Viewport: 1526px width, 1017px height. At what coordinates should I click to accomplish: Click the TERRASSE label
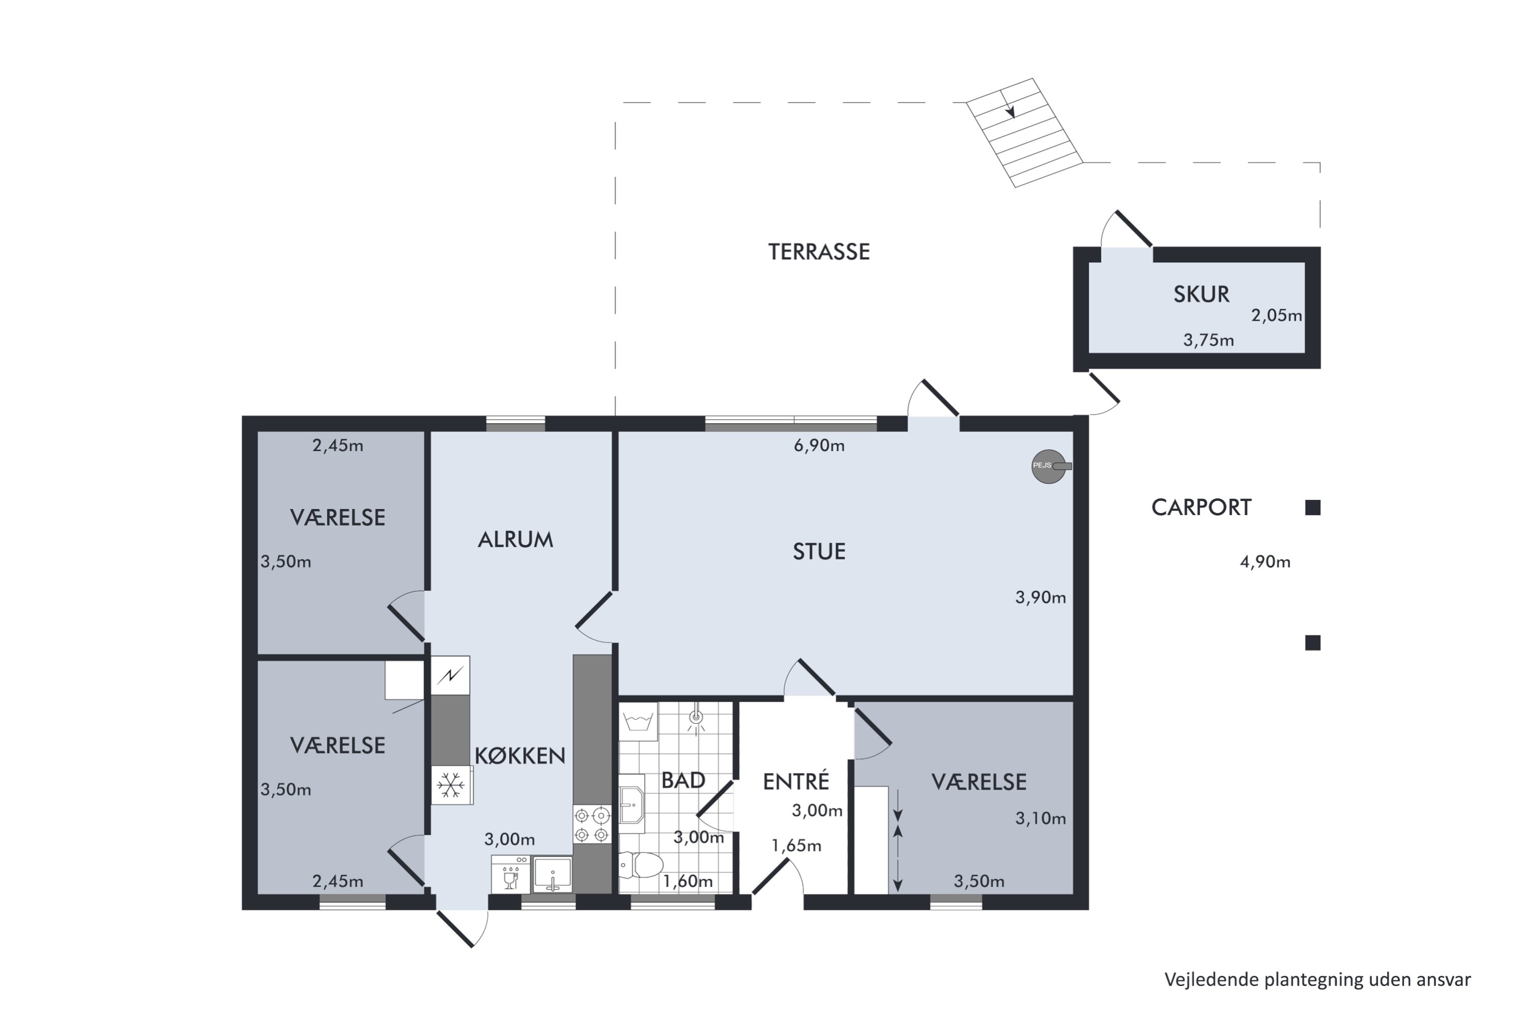[819, 252]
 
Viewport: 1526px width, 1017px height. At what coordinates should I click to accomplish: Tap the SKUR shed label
[1201, 294]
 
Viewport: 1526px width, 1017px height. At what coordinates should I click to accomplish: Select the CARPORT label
[1201, 507]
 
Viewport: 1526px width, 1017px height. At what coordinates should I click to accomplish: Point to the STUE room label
[819, 551]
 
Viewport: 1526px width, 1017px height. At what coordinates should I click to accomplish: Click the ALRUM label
[515, 540]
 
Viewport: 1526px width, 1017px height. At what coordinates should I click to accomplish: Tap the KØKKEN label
[520, 756]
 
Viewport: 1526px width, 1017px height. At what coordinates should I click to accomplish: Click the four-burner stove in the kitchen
[592, 824]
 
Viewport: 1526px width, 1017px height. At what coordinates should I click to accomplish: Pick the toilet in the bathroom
[640, 864]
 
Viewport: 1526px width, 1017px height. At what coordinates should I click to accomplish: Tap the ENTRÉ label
[796, 782]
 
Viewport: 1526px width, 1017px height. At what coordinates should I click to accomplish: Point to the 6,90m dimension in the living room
[819, 445]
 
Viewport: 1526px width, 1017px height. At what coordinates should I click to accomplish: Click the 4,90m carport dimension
[1265, 562]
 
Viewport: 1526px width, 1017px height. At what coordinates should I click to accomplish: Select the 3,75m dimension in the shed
[1208, 341]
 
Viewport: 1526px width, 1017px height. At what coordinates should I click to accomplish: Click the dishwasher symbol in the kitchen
[511, 874]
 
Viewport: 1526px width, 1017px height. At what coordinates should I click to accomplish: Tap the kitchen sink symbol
[552, 874]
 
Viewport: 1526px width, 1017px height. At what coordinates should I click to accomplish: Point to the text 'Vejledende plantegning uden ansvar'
[1317, 979]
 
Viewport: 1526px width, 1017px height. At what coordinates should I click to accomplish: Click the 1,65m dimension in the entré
[796, 846]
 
